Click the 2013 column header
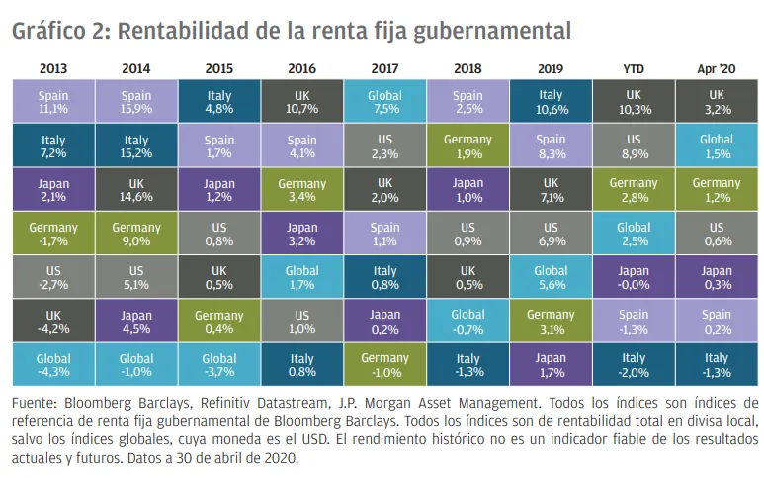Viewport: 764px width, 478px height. pos(53,68)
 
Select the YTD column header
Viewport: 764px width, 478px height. pos(634,68)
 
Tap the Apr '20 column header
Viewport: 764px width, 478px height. pos(717,68)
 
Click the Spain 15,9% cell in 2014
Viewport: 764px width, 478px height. pos(136,101)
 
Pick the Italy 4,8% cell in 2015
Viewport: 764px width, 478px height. pos(219,101)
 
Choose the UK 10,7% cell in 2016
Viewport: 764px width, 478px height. pos(302,101)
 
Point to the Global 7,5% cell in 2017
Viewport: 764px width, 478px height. pos(384,101)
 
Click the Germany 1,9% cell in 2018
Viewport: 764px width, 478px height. pos(467,144)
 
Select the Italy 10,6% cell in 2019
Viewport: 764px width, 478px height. pos(551,101)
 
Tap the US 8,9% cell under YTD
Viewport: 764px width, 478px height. pos(634,144)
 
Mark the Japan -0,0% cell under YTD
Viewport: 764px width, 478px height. pos(634,276)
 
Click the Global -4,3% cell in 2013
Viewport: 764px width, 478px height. pos(53,364)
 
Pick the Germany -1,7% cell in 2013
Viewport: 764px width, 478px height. pos(53,233)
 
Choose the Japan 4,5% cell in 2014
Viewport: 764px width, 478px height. pos(136,321)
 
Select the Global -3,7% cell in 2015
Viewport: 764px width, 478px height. pos(219,364)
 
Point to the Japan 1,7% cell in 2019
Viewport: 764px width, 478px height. pos(551,364)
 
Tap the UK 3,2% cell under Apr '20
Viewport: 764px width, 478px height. pos(717,101)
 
